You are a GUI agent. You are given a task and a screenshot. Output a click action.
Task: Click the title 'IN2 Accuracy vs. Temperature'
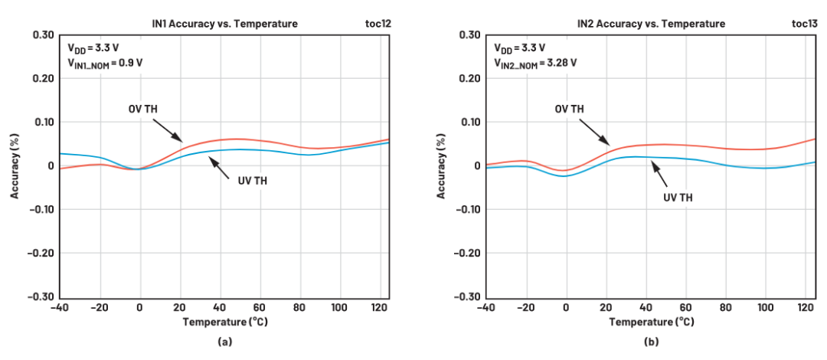point(650,24)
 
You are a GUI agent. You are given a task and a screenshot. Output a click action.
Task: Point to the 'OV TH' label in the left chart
point(143,109)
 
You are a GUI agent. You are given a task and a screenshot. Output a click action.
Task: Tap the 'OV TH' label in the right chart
point(569,109)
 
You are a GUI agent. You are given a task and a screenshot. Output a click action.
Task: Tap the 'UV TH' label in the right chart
point(678,197)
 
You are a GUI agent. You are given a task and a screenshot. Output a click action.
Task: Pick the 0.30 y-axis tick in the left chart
point(43,35)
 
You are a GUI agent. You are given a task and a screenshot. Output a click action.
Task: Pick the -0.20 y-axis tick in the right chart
point(469,253)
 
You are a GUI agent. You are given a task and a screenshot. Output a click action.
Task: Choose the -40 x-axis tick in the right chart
point(485,307)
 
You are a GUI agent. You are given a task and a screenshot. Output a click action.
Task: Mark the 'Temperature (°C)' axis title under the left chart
point(224,322)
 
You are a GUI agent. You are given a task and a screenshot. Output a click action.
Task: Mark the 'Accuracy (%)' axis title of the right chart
point(442,165)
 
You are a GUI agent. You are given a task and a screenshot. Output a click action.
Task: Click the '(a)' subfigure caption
point(224,342)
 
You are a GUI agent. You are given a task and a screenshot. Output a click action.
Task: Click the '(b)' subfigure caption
point(651,342)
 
